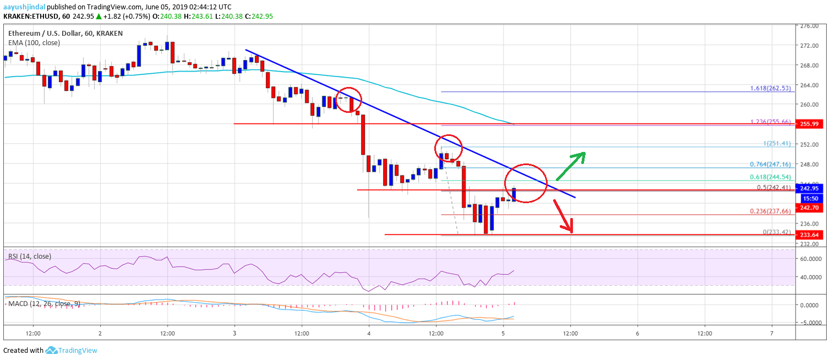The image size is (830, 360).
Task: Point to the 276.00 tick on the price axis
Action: point(809,26)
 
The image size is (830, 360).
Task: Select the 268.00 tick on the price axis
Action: point(809,66)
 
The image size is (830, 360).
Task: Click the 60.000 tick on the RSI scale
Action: point(809,258)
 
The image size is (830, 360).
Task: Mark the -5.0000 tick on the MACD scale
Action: point(809,323)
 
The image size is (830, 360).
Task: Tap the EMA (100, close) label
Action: point(34,42)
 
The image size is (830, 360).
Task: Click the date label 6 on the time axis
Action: point(637,334)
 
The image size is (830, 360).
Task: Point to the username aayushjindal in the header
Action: point(24,7)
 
